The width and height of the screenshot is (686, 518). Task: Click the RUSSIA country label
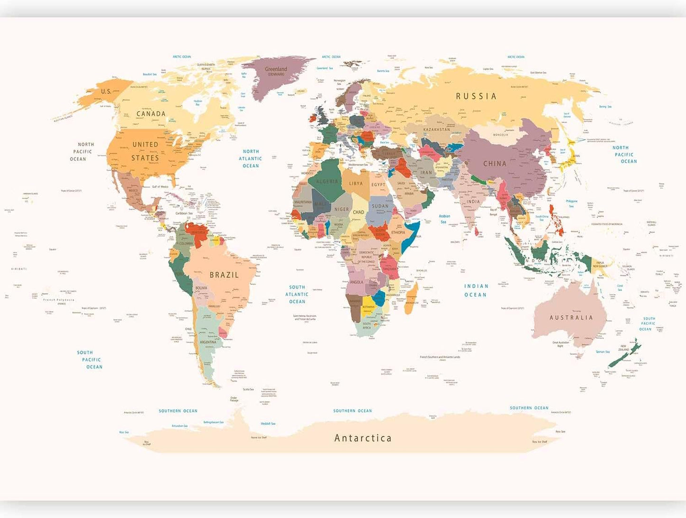[476, 96]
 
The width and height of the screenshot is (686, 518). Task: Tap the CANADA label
[151, 114]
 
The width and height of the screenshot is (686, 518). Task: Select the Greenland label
[276, 69]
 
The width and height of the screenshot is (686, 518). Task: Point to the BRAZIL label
[224, 275]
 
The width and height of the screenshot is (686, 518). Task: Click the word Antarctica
[363, 438]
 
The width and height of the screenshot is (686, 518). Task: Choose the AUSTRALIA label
[571, 317]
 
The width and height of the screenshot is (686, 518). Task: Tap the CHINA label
[495, 164]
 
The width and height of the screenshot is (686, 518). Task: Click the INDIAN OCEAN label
[476, 290]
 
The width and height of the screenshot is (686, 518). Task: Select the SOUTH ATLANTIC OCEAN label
[297, 294]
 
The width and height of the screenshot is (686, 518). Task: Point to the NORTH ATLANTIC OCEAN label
[251, 158]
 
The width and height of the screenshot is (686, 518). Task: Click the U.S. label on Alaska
[106, 91]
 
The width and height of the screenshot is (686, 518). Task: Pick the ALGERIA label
[327, 182]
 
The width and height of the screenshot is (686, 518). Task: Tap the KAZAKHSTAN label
[436, 129]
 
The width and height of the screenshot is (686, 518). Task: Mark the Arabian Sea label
[444, 219]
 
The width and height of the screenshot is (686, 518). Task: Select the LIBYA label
[356, 184]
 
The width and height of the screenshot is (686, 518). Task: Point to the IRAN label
[426, 173]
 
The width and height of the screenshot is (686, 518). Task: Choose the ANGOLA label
[356, 282]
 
